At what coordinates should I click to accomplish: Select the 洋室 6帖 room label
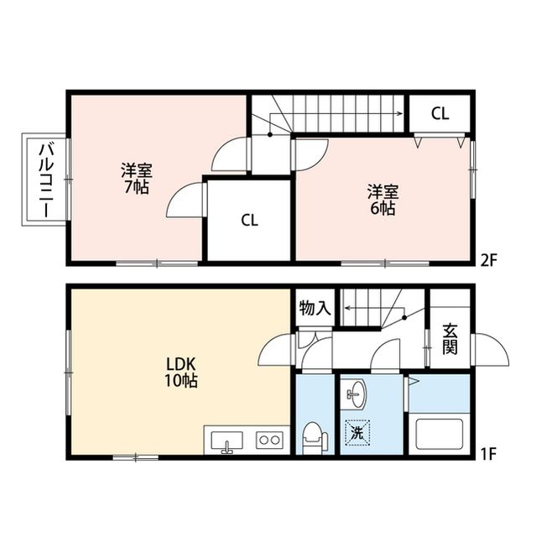[x=382, y=198]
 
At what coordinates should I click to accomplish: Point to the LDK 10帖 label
[x=180, y=373]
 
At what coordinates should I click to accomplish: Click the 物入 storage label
[x=315, y=309]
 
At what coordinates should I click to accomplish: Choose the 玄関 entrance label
[x=450, y=338]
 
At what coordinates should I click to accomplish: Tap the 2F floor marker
[x=489, y=259]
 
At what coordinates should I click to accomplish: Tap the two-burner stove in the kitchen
[x=269, y=438]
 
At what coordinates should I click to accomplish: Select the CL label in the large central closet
[x=249, y=221]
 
